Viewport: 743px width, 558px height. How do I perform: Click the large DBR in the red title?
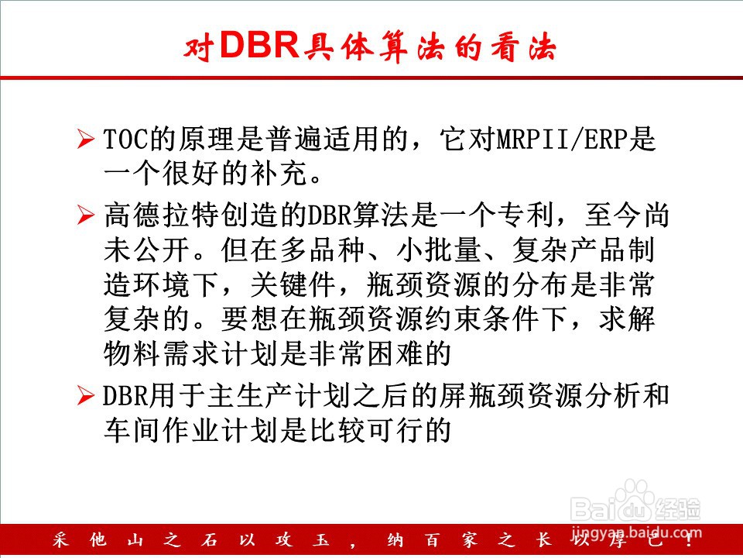(x=260, y=45)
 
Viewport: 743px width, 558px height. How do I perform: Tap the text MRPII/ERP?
(x=562, y=139)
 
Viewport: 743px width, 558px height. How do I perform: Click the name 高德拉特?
(x=162, y=215)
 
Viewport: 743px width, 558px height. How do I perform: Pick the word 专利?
(x=526, y=215)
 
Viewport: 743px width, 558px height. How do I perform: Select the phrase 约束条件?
(x=481, y=319)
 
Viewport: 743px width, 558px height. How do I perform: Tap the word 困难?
(x=396, y=354)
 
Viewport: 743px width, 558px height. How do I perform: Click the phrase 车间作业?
(x=162, y=430)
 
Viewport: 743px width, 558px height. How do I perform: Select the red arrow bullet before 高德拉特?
(x=85, y=215)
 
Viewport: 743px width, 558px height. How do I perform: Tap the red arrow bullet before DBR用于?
(x=85, y=395)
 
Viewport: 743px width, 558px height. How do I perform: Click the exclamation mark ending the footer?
(x=690, y=540)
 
